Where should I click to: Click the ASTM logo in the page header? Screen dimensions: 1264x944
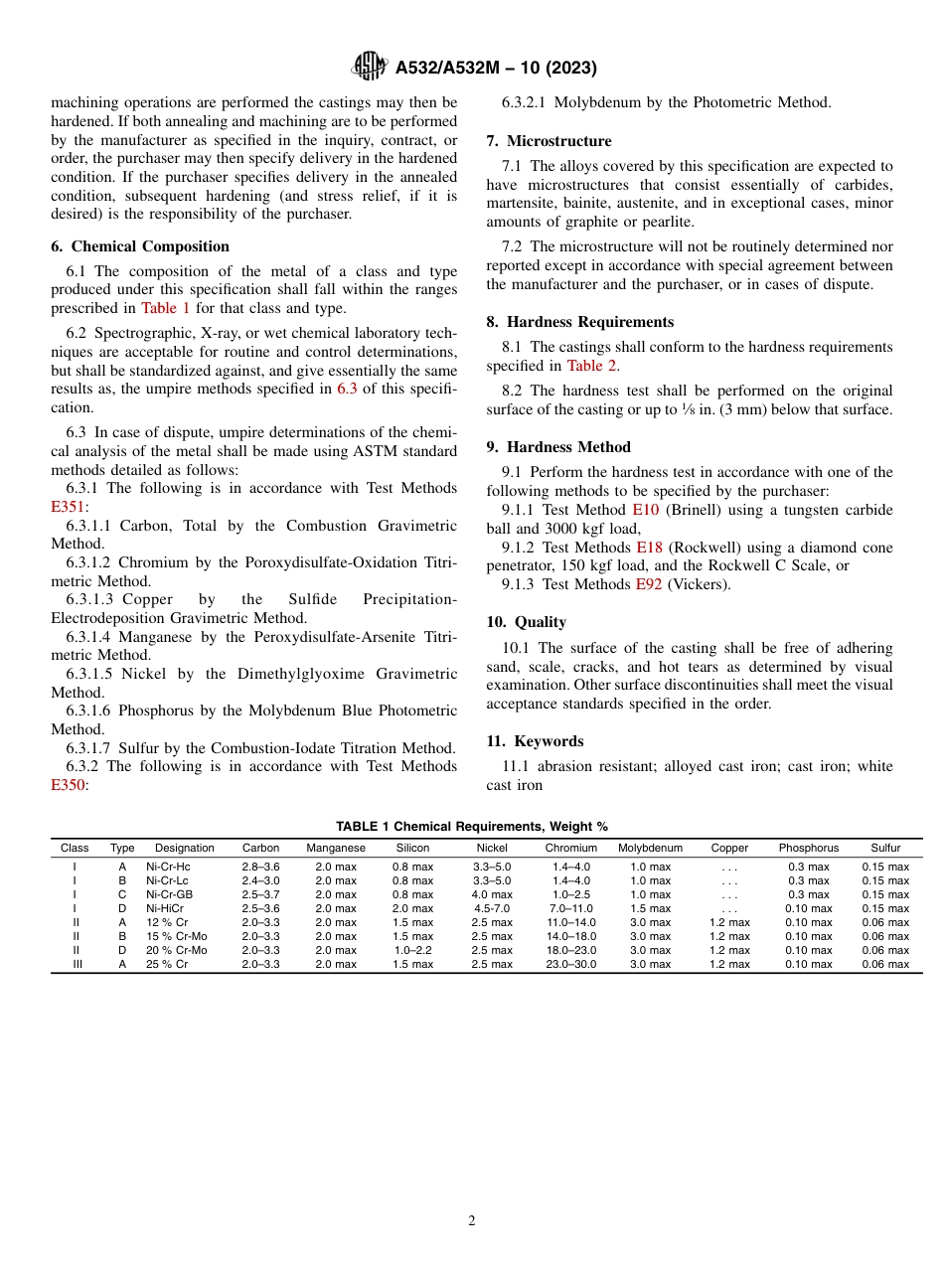tap(370, 67)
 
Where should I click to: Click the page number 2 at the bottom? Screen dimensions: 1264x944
tap(472, 1221)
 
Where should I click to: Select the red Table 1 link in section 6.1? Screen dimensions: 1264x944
tap(165, 308)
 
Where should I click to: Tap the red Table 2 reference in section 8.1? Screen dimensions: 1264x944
tap(592, 365)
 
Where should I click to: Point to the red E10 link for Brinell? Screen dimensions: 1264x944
tap(645, 510)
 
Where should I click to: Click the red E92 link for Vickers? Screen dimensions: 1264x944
tap(649, 584)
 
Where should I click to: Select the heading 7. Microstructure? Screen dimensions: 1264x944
tap(549, 141)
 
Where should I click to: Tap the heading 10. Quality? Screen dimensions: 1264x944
tap(526, 622)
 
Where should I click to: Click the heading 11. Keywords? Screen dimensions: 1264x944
tap(535, 741)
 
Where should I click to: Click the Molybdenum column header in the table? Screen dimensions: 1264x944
tap(650, 848)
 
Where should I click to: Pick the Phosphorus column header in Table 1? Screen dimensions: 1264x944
tap(808, 848)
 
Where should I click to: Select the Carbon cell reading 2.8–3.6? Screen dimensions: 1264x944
tap(260, 867)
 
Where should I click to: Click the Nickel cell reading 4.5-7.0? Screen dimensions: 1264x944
tap(491, 908)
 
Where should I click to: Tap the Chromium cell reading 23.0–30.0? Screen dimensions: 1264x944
tap(570, 964)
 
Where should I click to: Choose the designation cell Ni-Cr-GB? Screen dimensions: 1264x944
tap(169, 894)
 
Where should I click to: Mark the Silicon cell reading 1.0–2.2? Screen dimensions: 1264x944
tap(412, 950)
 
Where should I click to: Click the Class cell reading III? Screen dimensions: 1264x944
tap(75, 964)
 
